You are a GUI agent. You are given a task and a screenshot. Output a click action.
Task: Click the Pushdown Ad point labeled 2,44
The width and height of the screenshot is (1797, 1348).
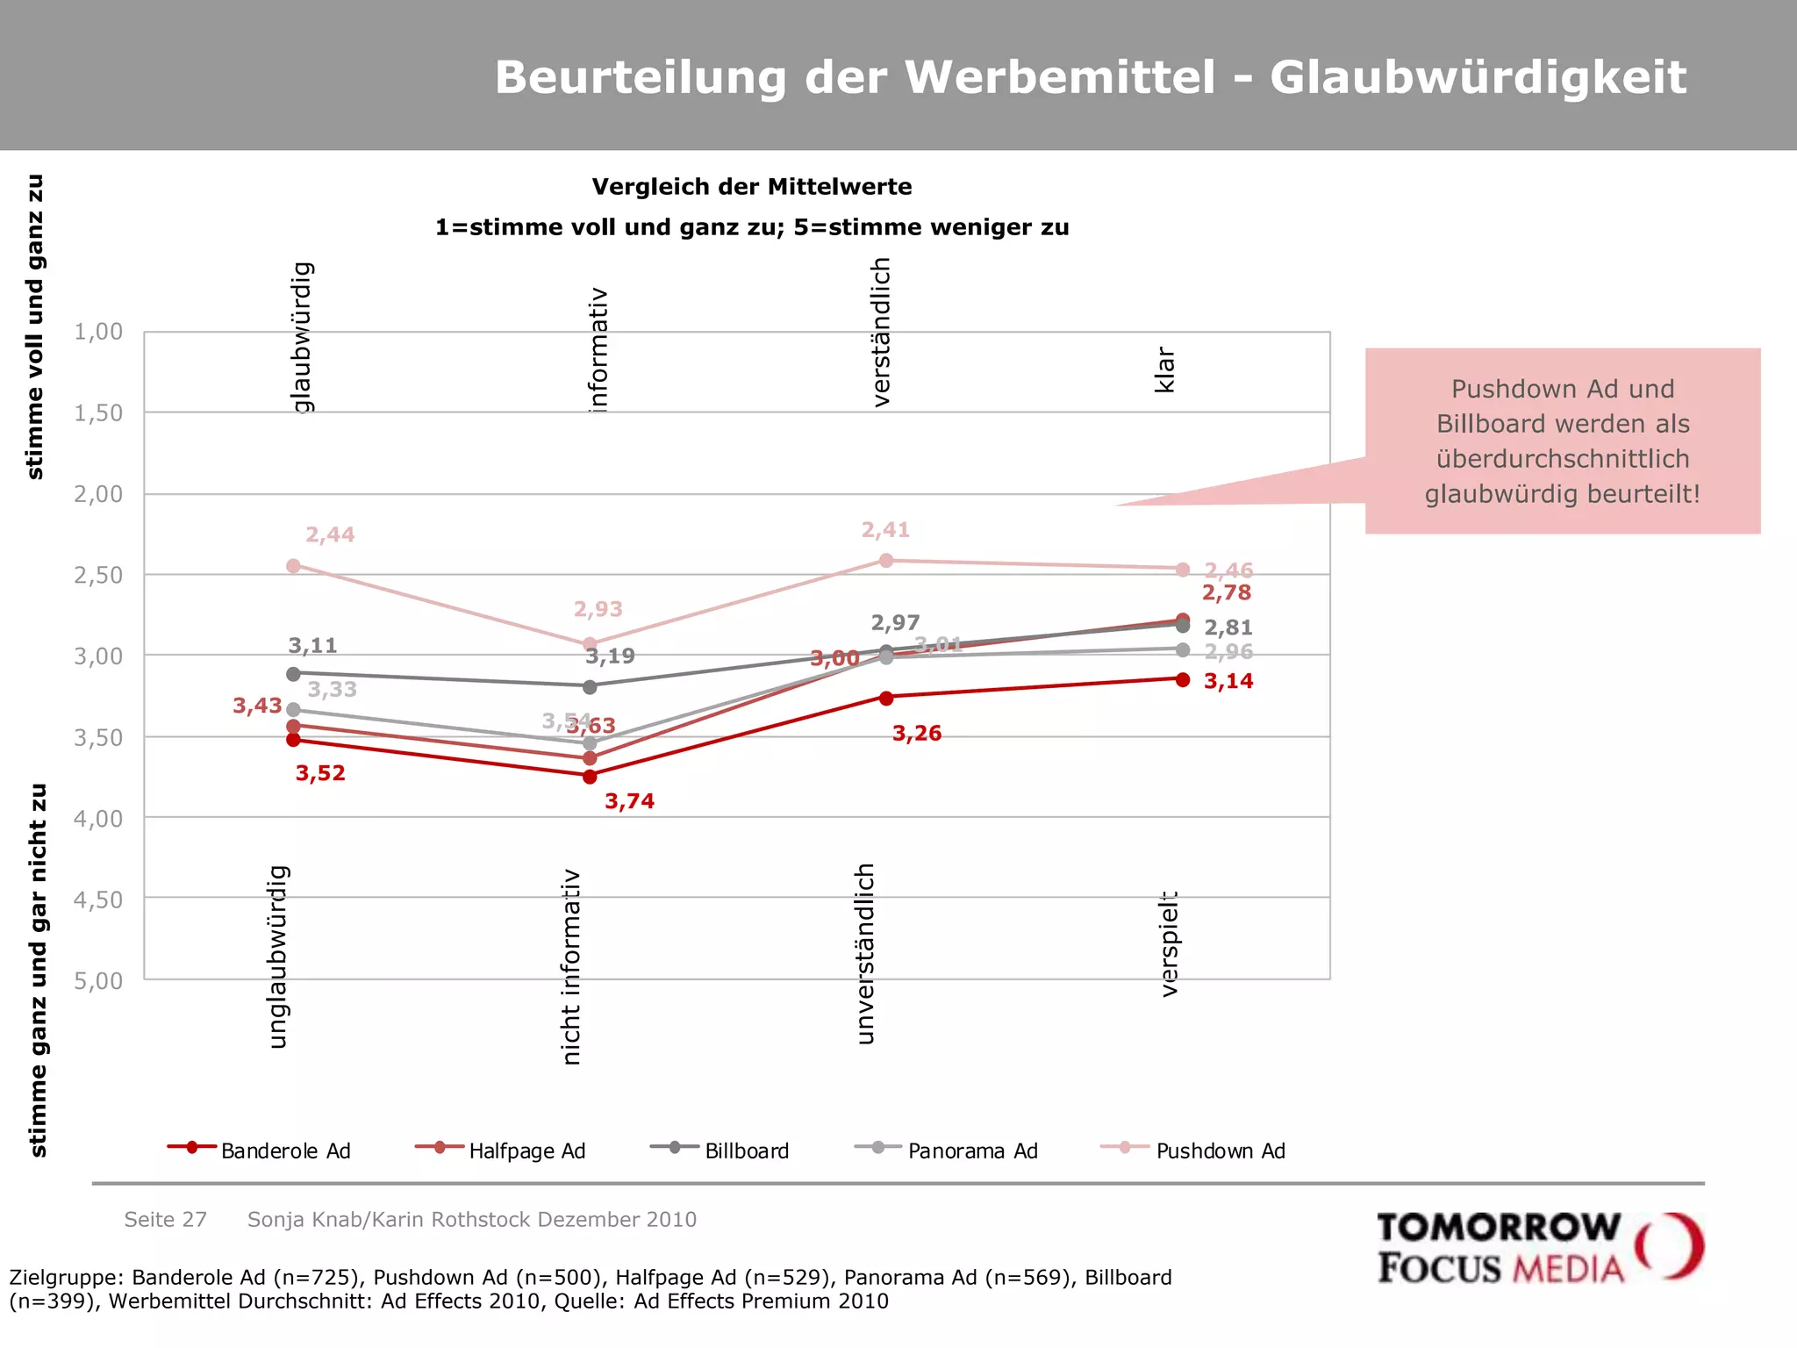pos(293,566)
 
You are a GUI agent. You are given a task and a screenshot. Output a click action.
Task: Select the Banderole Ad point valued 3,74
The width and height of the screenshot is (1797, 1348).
pos(590,777)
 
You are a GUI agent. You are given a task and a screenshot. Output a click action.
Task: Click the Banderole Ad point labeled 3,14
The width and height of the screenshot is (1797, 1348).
pos(1183,679)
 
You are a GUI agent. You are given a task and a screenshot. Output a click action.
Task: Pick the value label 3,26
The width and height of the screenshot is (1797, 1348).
pos(916,734)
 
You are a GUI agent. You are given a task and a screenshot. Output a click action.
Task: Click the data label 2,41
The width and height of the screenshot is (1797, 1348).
pos(885,530)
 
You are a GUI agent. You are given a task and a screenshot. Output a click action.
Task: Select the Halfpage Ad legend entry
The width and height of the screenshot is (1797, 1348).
pos(500,1151)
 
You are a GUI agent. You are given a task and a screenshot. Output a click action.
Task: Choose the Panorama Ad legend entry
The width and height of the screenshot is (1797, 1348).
pos(947,1151)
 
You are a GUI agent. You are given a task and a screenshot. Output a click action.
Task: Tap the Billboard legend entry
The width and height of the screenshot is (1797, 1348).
pos(720,1151)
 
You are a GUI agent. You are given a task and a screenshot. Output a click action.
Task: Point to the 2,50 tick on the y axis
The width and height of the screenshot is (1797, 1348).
pos(98,576)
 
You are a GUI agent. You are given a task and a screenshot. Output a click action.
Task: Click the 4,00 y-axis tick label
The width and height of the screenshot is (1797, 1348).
pos(98,819)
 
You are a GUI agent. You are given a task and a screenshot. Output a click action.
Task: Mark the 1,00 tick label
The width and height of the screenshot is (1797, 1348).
pos(98,332)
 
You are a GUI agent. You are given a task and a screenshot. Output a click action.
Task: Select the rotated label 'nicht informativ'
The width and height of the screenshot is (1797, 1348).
pos(571,966)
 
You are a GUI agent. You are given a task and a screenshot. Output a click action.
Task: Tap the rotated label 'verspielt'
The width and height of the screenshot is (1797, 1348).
pos(1169,943)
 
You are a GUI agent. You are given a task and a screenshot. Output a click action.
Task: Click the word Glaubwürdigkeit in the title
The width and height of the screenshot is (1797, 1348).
pos(1478,77)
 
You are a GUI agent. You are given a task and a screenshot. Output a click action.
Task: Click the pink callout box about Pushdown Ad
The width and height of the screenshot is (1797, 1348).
pos(1562,441)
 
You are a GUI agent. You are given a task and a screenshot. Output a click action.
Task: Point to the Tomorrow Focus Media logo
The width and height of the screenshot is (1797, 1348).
pos(1539,1247)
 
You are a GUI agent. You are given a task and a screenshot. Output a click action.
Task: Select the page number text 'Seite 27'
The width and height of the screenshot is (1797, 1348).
pos(165,1219)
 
